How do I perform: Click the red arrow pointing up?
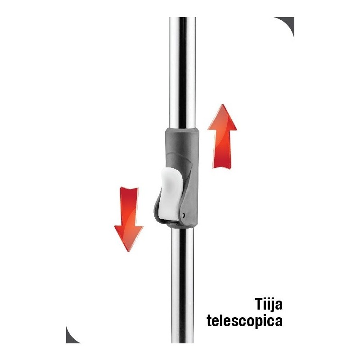point(222,138)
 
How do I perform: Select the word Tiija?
point(268,305)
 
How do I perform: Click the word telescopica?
point(244,320)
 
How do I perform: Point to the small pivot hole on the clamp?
point(184,215)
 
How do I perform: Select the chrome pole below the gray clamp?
point(182,285)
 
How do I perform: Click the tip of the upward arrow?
point(222,104)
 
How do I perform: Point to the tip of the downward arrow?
point(128,251)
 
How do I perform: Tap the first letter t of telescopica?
point(209,321)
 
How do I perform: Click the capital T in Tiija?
point(258,305)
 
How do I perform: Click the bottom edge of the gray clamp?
point(181,227)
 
